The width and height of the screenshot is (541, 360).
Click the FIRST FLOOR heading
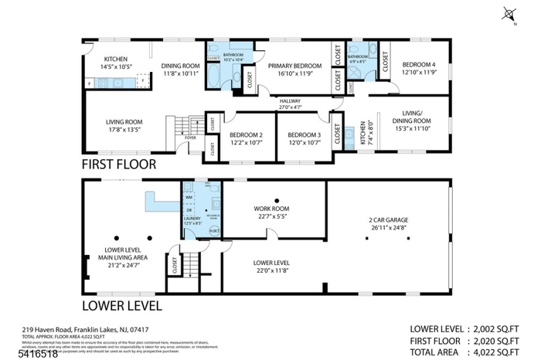(119, 164)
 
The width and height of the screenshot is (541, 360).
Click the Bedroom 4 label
(420, 67)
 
